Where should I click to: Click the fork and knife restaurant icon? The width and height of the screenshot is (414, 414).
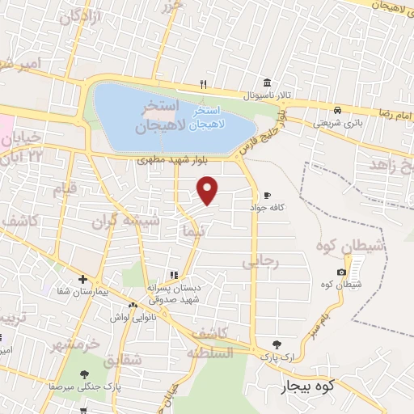[205, 83]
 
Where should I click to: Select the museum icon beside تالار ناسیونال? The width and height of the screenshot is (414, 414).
[266, 82]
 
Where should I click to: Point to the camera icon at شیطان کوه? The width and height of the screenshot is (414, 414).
[340, 272]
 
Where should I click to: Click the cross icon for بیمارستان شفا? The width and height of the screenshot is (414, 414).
[82, 280]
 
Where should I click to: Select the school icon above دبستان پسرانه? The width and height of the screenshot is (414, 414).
[172, 275]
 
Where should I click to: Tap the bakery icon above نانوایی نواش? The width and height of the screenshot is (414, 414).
[133, 305]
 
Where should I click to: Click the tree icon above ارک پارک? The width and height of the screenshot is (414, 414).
[277, 344]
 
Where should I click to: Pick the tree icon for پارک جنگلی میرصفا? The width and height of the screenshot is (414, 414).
[84, 374]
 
